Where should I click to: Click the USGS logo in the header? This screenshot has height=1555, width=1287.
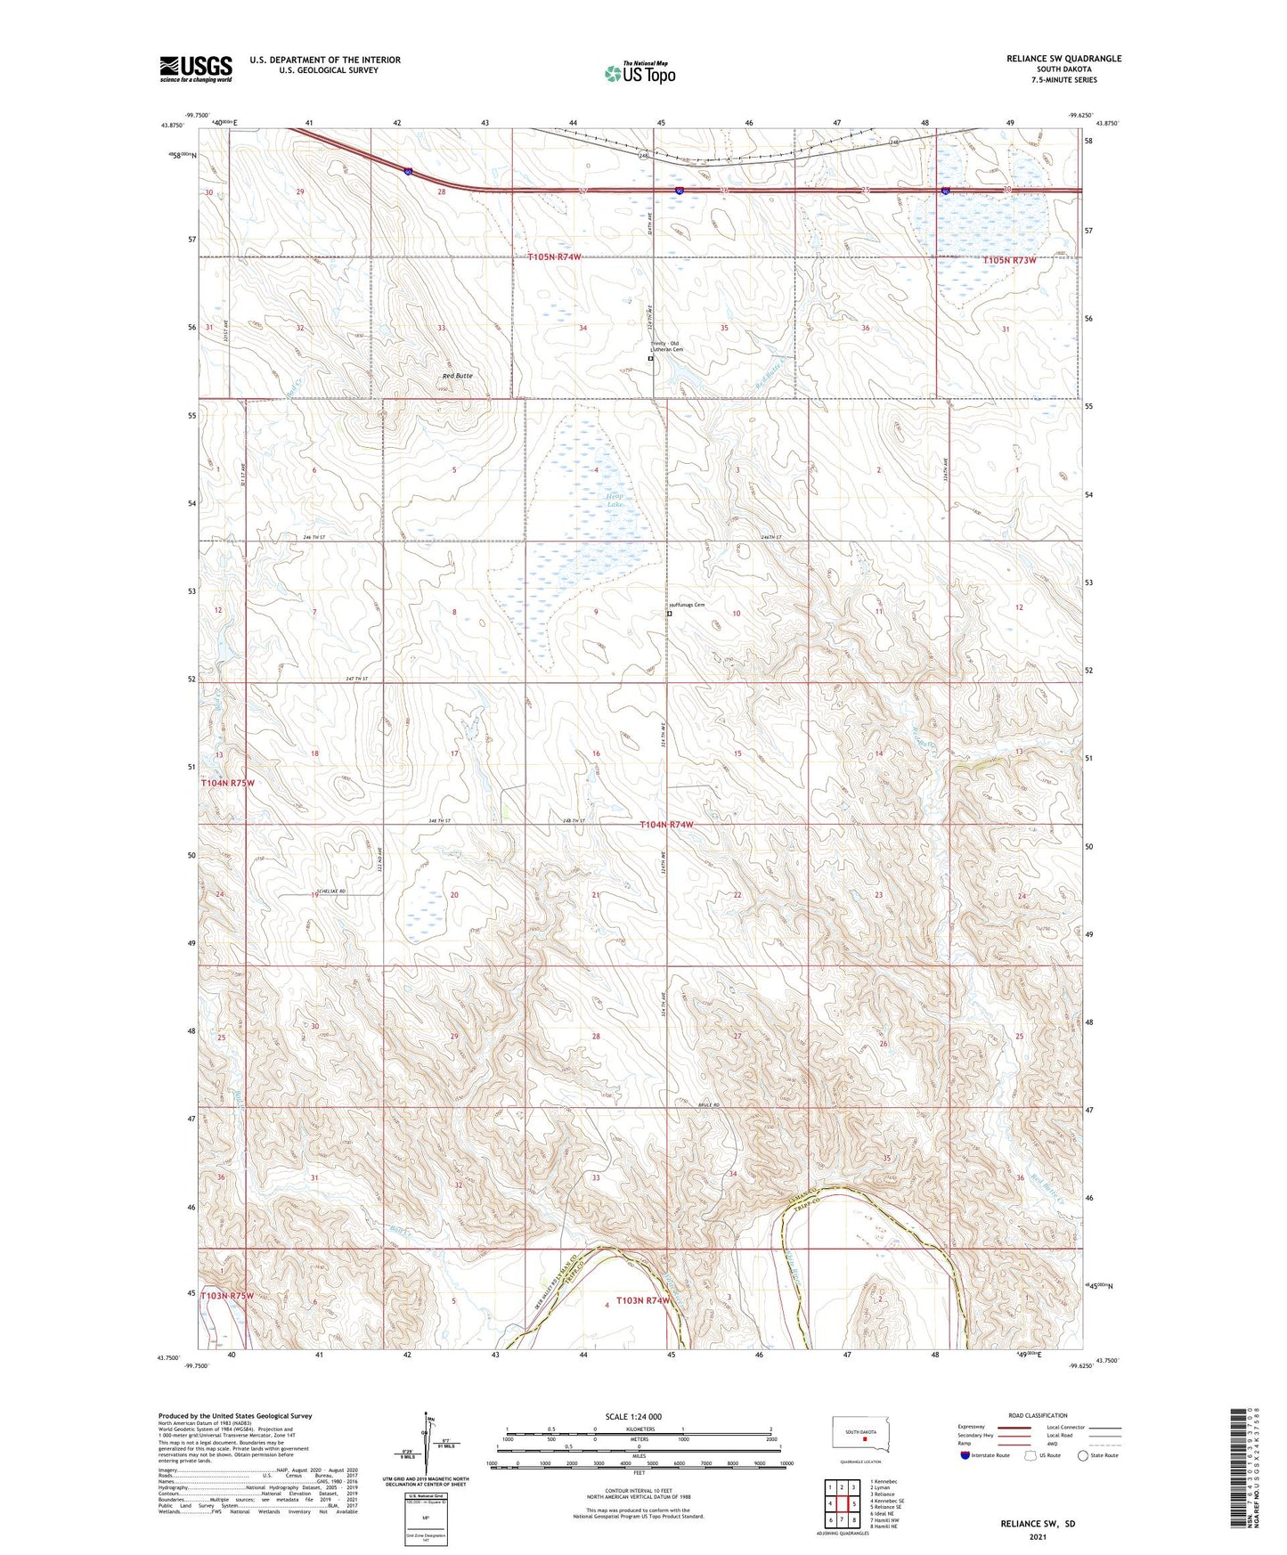tap(196, 68)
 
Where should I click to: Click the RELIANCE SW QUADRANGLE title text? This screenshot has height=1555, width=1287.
tap(1051, 59)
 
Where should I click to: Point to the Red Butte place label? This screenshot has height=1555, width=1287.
tap(457, 376)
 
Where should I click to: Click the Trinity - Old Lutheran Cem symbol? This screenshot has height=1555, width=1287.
tap(650, 359)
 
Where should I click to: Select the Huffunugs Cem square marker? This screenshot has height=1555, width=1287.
tap(670, 614)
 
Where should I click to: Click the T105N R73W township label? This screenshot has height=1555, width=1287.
tap(1010, 260)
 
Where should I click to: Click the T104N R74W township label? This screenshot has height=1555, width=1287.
tap(666, 826)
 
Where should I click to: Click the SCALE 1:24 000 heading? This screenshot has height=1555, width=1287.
tap(633, 1416)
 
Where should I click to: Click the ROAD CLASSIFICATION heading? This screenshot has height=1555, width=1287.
tap(1038, 1415)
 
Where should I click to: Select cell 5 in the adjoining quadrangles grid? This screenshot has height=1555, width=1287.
tap(853, 1505)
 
